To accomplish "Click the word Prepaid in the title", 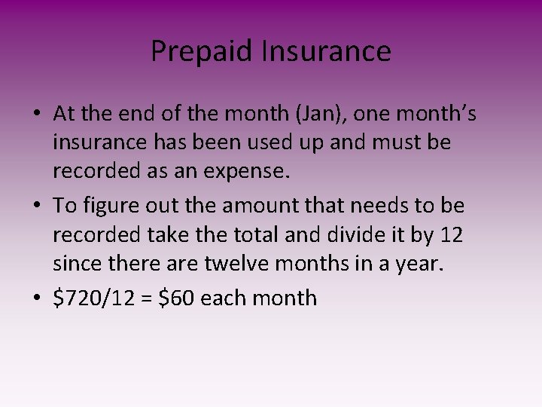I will (x=202, y=51).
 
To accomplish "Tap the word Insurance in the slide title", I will (x=326, y=51).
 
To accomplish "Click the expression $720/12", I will (x=93, y=298).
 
